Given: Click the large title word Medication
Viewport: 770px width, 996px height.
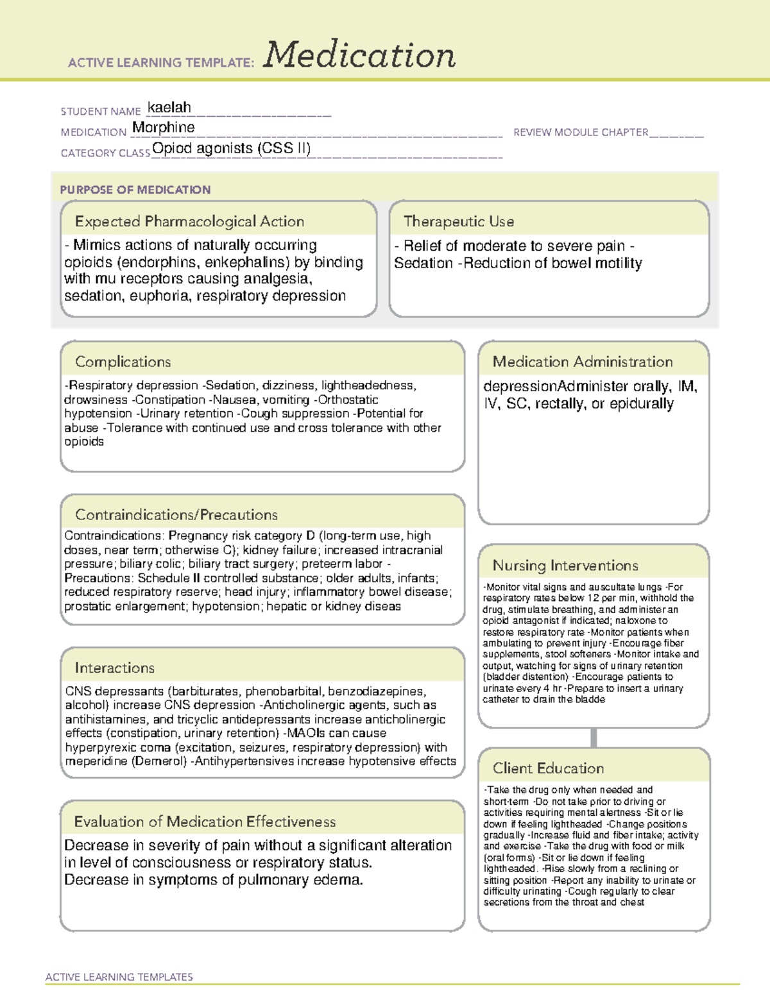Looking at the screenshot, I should click(359, 55).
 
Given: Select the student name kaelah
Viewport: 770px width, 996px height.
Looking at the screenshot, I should click(169, 107).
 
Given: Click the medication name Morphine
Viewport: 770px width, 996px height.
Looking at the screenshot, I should click(164, 128).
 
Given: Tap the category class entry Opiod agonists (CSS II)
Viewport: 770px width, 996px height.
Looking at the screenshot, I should click(232, 148).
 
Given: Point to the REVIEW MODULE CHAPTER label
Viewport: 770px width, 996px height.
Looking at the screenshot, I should click(581, 132).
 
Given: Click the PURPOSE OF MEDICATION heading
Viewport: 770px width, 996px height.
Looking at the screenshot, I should click(135, 190).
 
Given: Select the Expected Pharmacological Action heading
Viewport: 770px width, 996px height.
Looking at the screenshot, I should click(189, 221).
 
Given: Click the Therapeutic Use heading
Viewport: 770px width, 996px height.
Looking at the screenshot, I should click(459, 221).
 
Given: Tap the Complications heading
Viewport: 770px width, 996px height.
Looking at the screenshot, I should click(123, 362).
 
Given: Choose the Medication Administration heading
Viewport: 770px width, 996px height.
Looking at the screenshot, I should click(583, 362).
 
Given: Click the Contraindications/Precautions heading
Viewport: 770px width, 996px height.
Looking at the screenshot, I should click(176, 514).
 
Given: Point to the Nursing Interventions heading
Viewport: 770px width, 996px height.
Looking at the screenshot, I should click(565, 565).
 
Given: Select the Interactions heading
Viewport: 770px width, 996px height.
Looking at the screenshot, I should click(115, 668).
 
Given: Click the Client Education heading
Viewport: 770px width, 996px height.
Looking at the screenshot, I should click(549, 768).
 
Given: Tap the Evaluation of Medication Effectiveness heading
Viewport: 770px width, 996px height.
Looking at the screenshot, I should click(205, 822).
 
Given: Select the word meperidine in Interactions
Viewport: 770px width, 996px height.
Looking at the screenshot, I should click(96, 761).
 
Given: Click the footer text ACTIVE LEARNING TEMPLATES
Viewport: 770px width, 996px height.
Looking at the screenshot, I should click(119, 977).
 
